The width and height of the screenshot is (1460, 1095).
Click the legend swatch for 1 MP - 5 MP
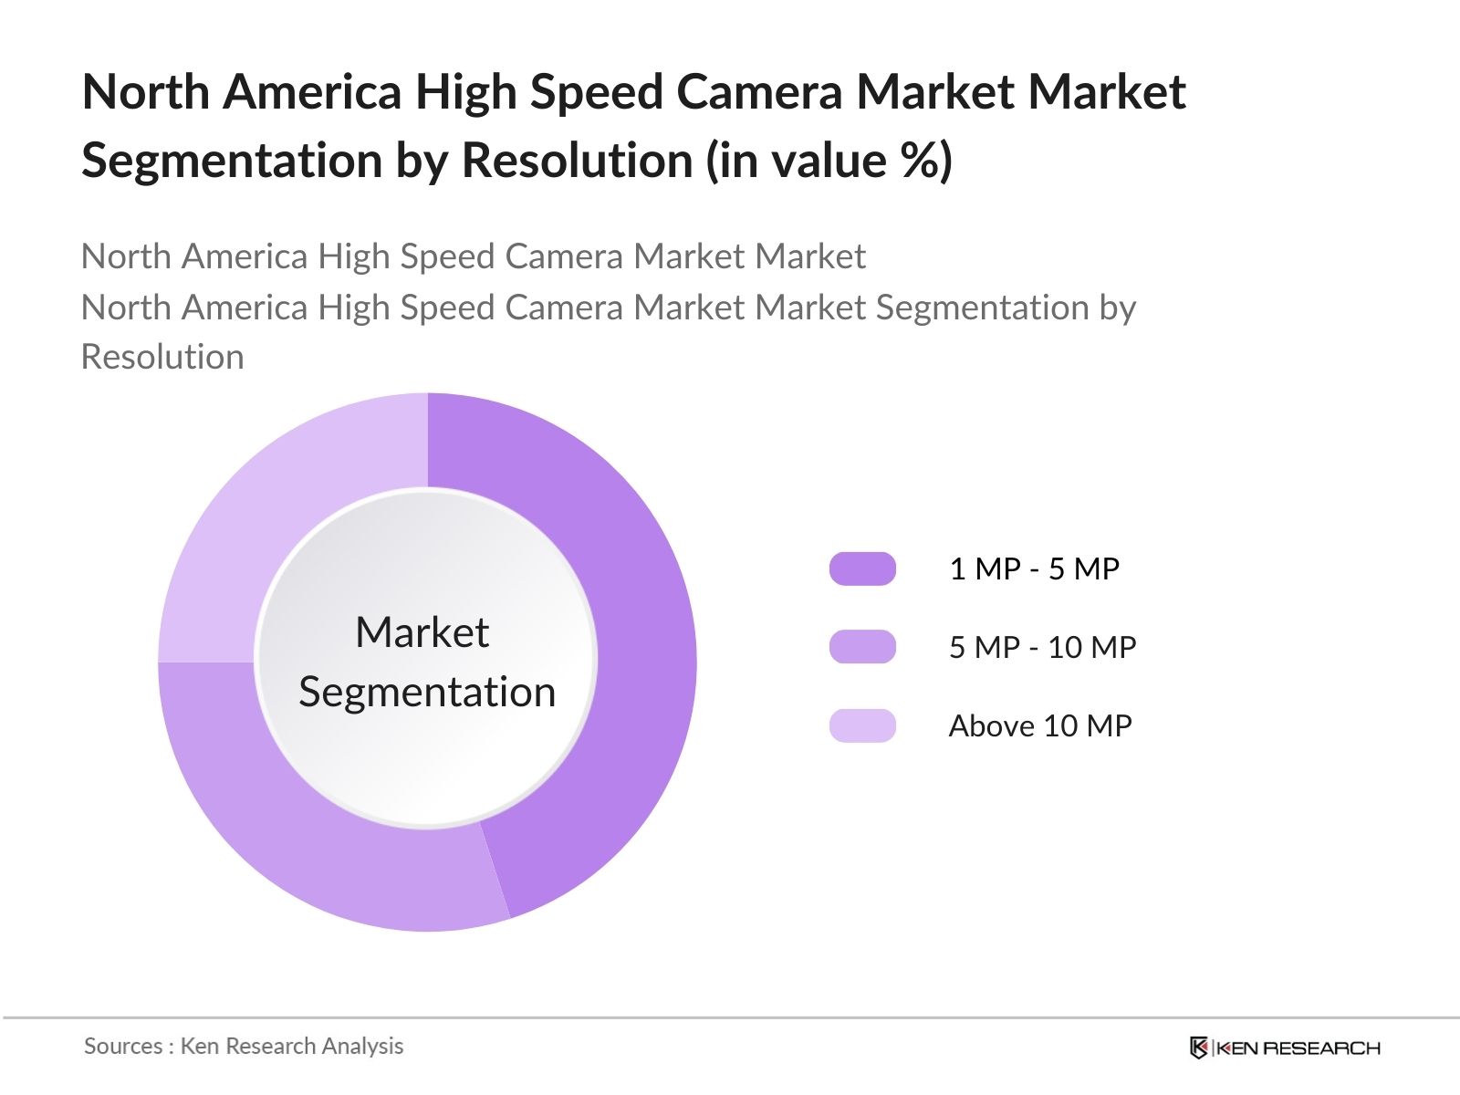[862, 568]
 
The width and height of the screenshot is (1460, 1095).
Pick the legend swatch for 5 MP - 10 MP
[862, 647]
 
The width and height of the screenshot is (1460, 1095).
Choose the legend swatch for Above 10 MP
[862, 725]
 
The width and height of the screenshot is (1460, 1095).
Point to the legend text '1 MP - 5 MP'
[1034, 568]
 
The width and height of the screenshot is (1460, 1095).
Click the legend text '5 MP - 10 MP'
[1042, 647]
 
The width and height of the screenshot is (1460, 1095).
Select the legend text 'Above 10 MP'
[1040, 725]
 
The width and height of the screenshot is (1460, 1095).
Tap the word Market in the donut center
[422, 632]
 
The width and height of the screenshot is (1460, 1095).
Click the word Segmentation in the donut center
[427, 692]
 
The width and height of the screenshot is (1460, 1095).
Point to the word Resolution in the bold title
[578, 161]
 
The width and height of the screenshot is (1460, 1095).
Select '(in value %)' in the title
[829, 161]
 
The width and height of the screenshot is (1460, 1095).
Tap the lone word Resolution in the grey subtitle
[162, 357]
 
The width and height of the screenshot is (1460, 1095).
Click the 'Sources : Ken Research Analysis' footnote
[244, 1046]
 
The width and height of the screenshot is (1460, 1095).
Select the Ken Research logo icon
[1198, 1048]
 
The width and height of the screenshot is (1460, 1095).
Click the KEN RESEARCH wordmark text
[1298, 1048]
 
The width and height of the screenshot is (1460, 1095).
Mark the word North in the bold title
[146, 92]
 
